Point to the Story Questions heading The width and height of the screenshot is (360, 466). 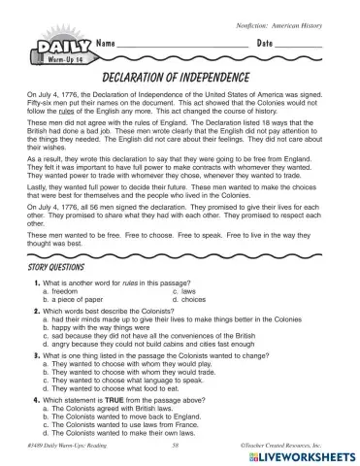click(x=57, y=265)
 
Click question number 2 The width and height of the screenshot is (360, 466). click(x=36, y=312)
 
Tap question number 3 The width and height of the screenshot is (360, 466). click(x=36, y=355)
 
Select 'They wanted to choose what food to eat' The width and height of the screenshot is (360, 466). click(x=120, y=389)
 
